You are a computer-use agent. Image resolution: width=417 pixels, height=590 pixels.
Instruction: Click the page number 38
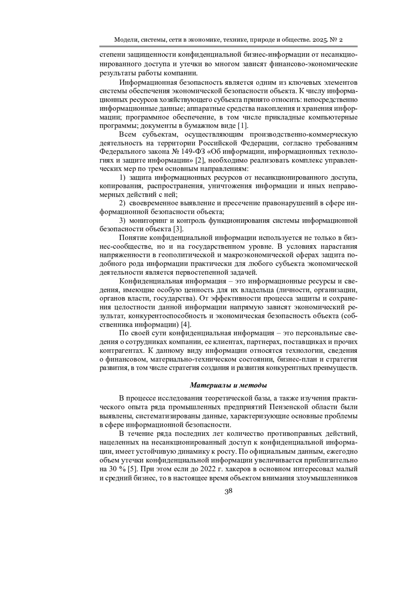click(x=228, y=491)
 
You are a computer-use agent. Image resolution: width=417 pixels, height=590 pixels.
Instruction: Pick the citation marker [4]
click(x=186, y=325)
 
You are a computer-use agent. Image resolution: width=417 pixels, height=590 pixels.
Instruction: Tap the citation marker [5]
click(x=132, y=469)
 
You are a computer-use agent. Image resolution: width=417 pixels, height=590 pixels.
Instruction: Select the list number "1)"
click(x=123, y=178)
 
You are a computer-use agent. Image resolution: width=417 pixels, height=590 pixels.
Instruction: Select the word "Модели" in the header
click(x=126, y=40)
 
